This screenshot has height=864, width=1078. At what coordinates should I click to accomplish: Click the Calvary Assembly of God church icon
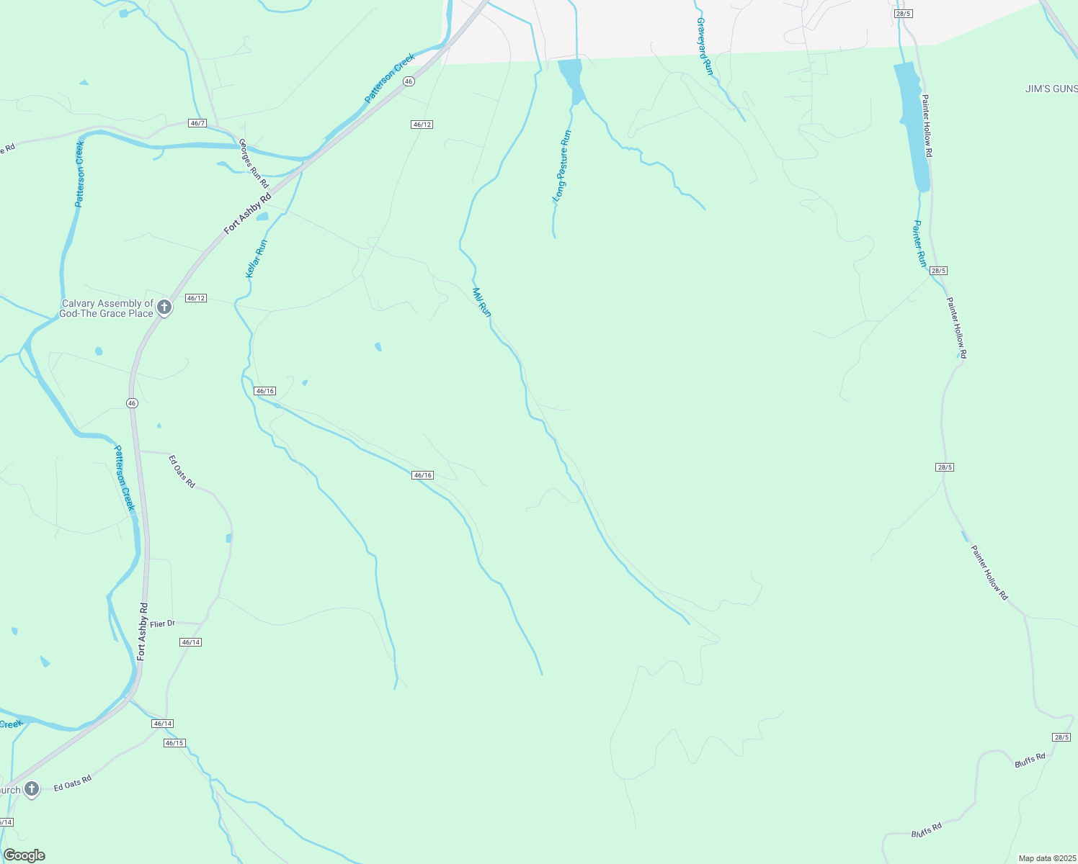164,307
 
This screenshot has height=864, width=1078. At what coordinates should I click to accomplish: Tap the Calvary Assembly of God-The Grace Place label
107,309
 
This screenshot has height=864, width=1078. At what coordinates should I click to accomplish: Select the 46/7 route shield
197,123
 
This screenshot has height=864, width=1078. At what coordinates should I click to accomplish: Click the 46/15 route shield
174,742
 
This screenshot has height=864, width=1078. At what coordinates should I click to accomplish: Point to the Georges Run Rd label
254,163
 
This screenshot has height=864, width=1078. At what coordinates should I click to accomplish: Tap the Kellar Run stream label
256,259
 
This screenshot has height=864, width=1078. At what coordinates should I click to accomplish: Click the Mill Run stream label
481,302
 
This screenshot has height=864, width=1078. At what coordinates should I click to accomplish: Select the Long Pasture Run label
562,166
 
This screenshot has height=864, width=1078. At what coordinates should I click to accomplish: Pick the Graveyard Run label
704,46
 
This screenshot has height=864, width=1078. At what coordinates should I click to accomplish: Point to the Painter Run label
919,243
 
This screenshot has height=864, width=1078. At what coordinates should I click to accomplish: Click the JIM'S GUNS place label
1051,89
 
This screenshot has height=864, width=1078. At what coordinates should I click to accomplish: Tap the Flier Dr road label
162,624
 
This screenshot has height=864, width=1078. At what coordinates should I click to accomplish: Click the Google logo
24,855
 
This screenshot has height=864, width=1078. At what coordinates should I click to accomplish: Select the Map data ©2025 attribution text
1046,858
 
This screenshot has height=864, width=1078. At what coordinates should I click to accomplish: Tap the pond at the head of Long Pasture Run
571,76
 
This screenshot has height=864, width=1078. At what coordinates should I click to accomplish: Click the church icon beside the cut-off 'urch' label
32,789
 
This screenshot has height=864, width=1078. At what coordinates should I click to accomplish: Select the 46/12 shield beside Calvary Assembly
196,298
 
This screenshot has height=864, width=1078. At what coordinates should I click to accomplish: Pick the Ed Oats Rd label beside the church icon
73,783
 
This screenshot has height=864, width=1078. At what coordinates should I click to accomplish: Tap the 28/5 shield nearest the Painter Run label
937,271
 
